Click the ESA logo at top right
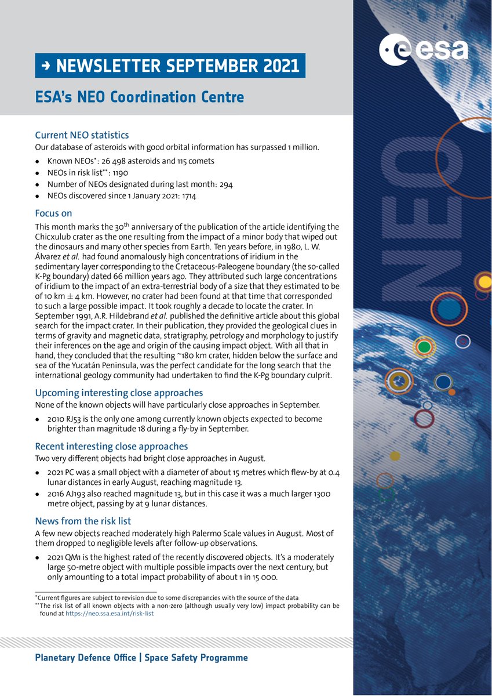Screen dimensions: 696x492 [424, 50]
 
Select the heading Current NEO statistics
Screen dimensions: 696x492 [82, 135]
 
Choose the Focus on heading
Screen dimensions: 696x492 [54, 213]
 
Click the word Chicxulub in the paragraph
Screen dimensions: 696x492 [57, 237]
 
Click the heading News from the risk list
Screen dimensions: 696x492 [83, 521]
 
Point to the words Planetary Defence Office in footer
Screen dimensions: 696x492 [86, 658]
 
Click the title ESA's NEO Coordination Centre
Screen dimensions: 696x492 [139, 97]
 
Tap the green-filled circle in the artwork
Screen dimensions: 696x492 [425, 347]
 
